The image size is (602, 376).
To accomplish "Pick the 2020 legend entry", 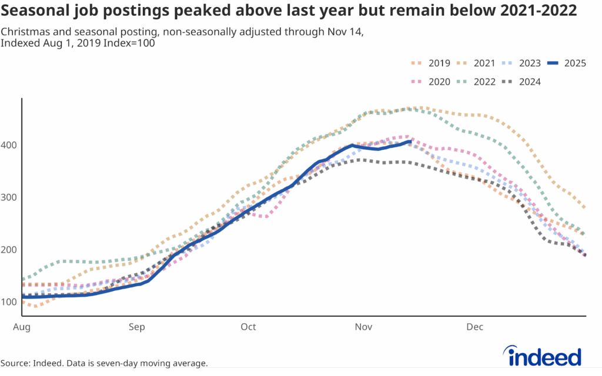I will [x=432, y=82].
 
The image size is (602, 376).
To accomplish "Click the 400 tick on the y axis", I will [x=9, y=145].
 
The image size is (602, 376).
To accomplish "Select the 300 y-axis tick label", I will [x=9, y=197].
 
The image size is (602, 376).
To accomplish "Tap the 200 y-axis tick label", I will [x=9, y=250].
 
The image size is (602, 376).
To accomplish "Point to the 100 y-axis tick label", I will [x=9, y=302].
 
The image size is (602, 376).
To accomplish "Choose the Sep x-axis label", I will [x=137, y=327].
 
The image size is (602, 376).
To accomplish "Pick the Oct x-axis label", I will [x=248, y=327].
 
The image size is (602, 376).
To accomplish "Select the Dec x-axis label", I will [x=475, y=327].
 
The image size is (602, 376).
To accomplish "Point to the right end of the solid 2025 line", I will [x=410, y=142].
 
